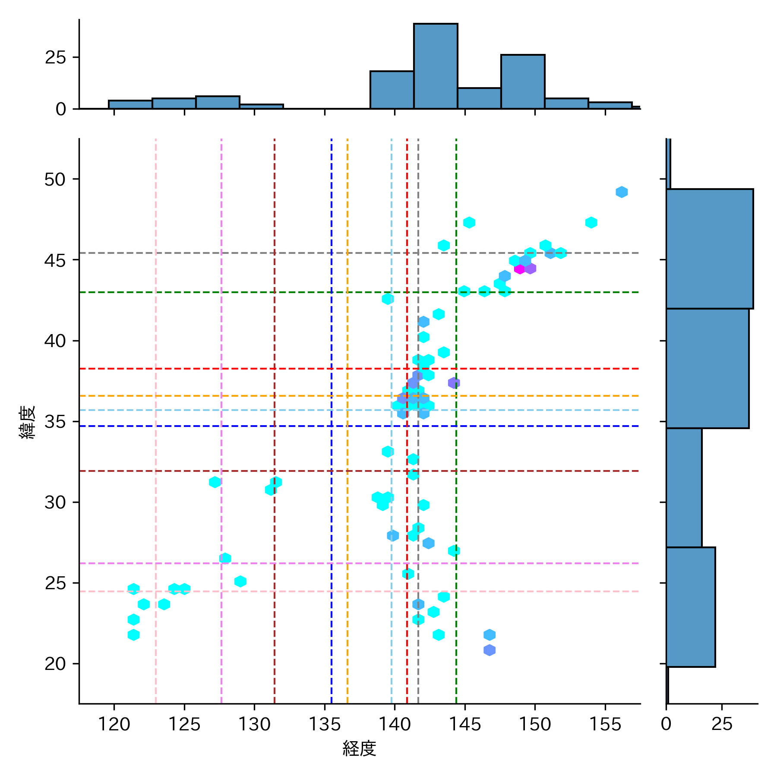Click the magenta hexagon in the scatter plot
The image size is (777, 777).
[519, 268]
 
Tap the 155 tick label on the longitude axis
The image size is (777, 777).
[605, 724]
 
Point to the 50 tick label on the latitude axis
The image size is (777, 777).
[55, 179]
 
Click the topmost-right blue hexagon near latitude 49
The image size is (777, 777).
[622, 192]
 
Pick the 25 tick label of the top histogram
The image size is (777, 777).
[56, 57]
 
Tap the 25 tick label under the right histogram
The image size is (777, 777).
[722, 724]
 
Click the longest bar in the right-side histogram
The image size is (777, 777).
[710, 249]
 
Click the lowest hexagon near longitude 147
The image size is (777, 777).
[490, 650]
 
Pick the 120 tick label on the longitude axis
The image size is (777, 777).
[114, 724]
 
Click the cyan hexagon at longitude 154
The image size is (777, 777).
[591, 223]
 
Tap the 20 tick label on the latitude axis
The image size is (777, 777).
[55, 663]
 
